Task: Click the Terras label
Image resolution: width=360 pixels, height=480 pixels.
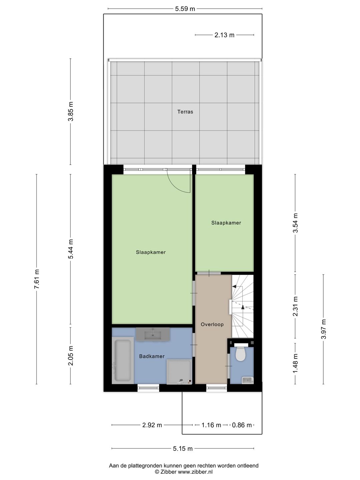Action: pos(185,112)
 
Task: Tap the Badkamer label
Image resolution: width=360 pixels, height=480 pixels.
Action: pos(152,356)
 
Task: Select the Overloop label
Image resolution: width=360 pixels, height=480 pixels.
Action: pos(212,324)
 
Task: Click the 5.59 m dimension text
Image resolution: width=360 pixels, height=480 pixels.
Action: pos(185,9)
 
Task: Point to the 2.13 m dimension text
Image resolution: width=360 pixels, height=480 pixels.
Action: pos(224,35)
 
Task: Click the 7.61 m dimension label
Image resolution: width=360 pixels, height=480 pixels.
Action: pos(37,279)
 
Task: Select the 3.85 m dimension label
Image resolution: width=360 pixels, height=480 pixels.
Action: pos(71,112)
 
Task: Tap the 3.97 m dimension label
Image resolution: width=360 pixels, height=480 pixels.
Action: pos(323,329)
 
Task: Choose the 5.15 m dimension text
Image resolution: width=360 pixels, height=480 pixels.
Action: pos(183,449)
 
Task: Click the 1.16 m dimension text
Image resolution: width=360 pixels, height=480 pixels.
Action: pos(211,425)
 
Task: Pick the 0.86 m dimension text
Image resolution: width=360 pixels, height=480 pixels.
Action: pos(242,425)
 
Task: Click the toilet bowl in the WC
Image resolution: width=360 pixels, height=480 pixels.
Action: pos(240,354)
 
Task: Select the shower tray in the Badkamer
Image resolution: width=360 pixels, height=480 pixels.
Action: pos(179,371)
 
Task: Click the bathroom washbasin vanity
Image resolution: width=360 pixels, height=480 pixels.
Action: pos(153,334)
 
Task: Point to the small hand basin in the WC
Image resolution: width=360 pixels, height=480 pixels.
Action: pos(247,380)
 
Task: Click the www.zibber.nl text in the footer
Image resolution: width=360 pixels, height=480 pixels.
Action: pos(195,472)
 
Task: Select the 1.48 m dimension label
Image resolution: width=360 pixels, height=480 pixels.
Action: pos(295,363)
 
